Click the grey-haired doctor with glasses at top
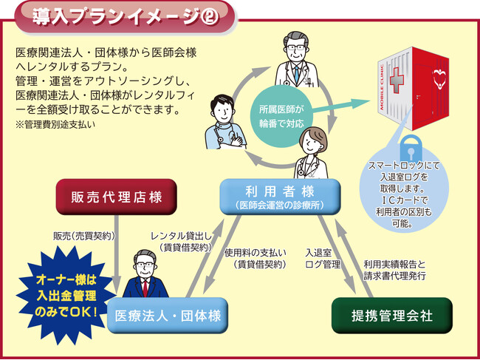(x=295, y=59)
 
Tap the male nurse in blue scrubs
(x=225, y=120)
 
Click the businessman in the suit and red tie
(x=143, y=274)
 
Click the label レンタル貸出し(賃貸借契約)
(x=180, y=241)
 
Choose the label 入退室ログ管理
(x=322, y=258)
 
